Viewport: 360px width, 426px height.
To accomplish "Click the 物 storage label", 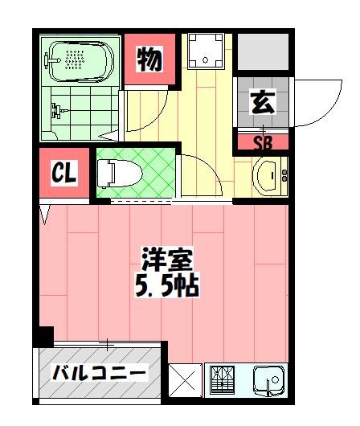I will click(x=149, y=59).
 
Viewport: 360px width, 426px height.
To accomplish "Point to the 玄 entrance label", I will click(x=262, y=102).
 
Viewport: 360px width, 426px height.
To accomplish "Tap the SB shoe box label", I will click(x=262, y=143).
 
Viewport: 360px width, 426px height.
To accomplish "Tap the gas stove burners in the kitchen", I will click(x=223, y=379).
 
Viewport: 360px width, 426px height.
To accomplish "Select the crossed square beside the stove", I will click(x=185, y=379).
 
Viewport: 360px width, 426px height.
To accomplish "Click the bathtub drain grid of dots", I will click(x=76, y=58).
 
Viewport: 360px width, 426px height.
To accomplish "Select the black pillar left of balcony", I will click(x=44, y=335).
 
